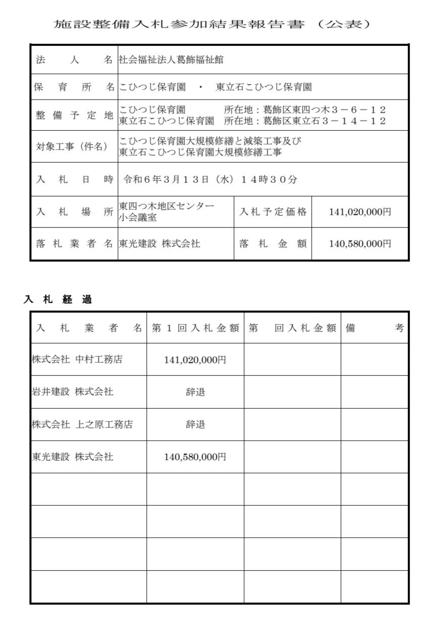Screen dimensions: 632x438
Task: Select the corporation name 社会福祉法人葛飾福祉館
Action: [x=171, y=60]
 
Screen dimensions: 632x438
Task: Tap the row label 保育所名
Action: [x=74, y=87]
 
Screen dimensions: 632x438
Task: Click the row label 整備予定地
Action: [x=74, y=115]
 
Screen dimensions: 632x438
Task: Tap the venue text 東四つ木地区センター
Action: [x=167, y=206]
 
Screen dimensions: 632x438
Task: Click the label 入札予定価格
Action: [x=273, y=212]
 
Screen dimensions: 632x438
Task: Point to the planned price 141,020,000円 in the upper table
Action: [x=360, y=212]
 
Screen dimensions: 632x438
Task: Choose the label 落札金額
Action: [x=273, y=244]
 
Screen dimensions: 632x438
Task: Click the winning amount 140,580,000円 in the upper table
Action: [x=360, y=244]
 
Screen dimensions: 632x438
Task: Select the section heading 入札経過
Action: [x=58, y=300]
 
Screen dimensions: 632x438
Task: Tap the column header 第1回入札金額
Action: [x=195, y=328]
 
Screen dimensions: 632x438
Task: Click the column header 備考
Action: [x=374, y=328]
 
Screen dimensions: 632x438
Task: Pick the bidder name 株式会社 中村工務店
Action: [x=77, y=360]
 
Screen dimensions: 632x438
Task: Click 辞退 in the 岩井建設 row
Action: [x=195, y=392]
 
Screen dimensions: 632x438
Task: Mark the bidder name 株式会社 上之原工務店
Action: [x=82, y=424]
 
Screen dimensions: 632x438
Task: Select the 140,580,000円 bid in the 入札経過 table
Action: [x=195, y=457]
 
